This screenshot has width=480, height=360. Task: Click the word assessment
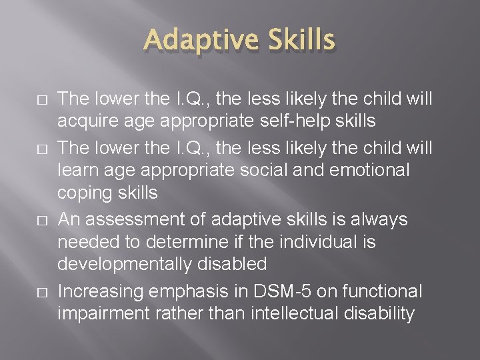click(x=127, y=218)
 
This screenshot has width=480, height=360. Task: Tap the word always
click(x=381, y=218)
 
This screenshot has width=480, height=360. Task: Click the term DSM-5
click(x=282, y=290)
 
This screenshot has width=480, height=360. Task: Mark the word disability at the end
click(x=378, y=313)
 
